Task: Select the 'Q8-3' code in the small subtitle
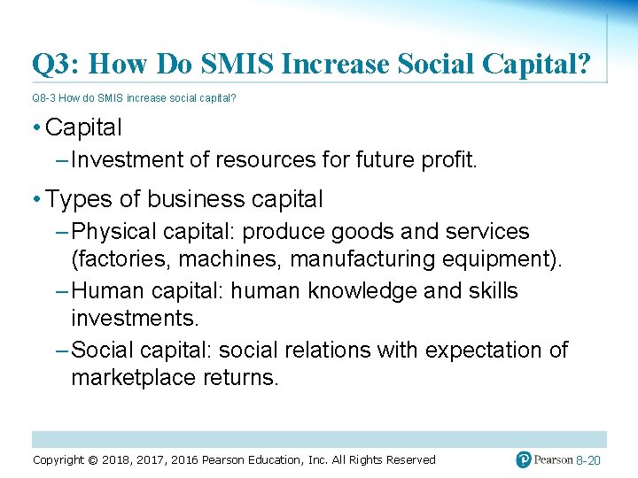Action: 44,98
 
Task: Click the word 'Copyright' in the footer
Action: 65,459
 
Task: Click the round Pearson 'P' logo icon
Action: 525,459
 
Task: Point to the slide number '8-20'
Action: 588,460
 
